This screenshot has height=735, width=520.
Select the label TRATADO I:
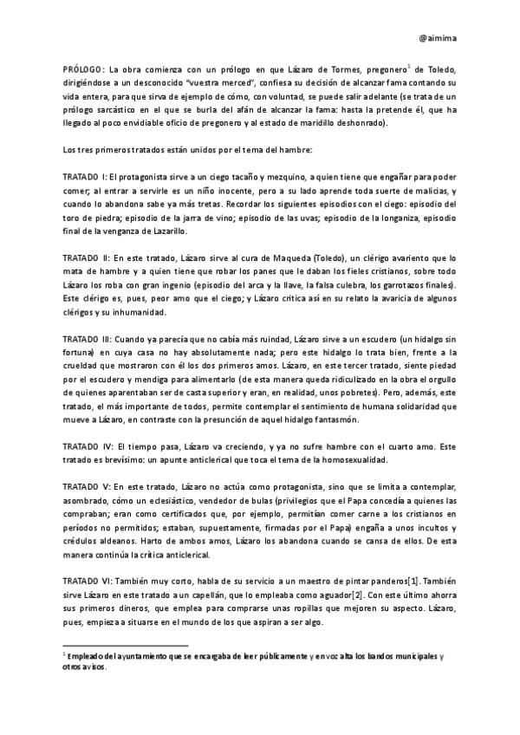point(84,176)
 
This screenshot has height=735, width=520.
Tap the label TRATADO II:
point(85,258)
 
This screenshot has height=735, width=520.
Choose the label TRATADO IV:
point(87,446)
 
